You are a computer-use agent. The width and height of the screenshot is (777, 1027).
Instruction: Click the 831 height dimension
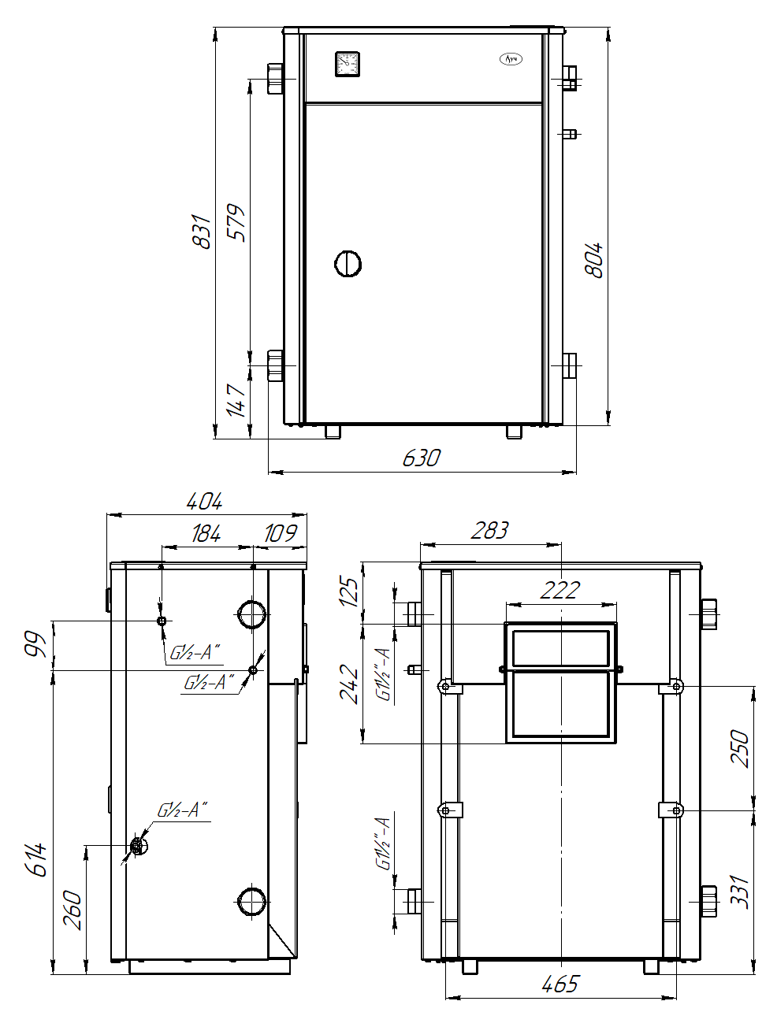click(x=201, y=231)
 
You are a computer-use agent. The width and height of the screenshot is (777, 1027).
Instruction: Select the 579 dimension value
click(x=236, y=223)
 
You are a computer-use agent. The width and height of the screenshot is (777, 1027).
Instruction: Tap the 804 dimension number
click(x=593, y=260)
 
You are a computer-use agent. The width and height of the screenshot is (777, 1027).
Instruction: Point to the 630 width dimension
click(x=422, y=458)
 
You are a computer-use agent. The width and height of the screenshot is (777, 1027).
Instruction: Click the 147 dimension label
click(x=236, y=401)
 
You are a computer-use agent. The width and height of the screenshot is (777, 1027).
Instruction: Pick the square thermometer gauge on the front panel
click(x=348, y=64)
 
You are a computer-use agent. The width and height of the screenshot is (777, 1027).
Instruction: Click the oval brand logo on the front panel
click(x=511, y=59)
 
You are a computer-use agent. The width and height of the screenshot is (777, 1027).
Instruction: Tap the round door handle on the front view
click(x=348, y=264)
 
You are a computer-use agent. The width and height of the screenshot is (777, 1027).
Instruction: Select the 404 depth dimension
click(x=205, y=502)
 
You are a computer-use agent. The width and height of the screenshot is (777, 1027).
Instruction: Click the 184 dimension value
click(x=206, y=533)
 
